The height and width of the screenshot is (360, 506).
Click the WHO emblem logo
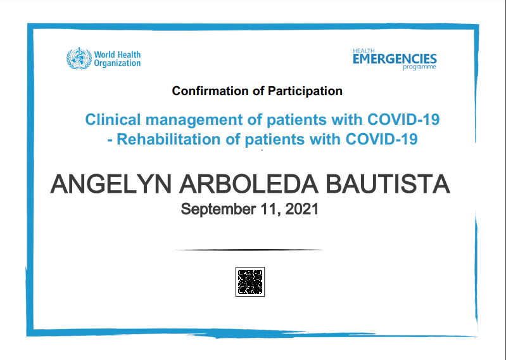[79, 58]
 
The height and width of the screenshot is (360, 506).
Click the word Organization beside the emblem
[117, 63]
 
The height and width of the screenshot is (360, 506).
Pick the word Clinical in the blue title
[108, 119]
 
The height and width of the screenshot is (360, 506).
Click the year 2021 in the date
[301, 209]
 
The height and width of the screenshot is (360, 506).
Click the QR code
[250, 282]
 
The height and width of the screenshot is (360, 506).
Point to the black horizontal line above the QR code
[250, 250]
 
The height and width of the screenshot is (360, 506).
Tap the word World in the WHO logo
[105, 55]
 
